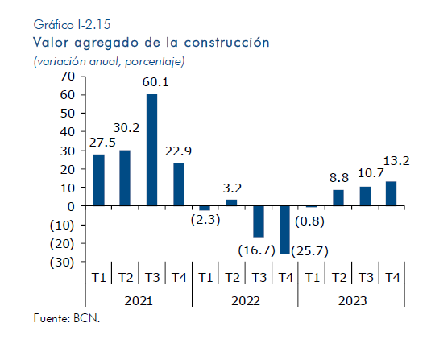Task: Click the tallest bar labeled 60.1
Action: (x=151, y=150)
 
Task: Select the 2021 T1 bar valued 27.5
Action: (x=99, y=180)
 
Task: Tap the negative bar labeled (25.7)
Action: (x=285, y=230)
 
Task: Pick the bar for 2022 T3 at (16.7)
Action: (x=259, y=221)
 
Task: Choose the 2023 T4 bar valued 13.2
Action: (x=392, y=193)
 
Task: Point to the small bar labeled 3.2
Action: (x=232, y=203)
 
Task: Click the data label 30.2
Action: (x=126, y=128)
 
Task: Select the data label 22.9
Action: (x=178, y=151)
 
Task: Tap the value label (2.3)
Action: (x=205, y=220)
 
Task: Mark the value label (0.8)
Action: (x=309, y=221)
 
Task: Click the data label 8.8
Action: (x=339, y=178)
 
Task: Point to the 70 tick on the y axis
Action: (x=68, y=77)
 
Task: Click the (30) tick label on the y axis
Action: (x=62, y=263)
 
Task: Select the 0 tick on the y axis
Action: (x=71, y=207)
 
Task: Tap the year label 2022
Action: (x=246, y=301)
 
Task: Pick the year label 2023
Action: (x=352, y=301)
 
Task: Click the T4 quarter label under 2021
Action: (x=179, y=278)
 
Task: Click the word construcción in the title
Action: (x=227, y=43)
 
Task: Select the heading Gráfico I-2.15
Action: (x=72, y=25)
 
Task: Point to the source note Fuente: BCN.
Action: (x=67, y=318)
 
